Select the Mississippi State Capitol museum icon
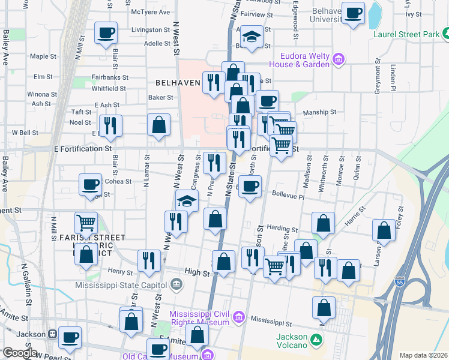click(x=176, y=283)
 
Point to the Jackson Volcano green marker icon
click(x=317, y=341)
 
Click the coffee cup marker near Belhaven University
click(x=354, y=12)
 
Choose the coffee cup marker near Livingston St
click(x=106, y=34)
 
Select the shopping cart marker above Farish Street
click(x=86, y=223)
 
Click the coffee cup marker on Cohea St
click(x=90, y=184)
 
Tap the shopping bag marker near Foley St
click(x=384, y=230)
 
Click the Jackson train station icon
click(x=53, y=334)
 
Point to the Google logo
click(x=19, y=353)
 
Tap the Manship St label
click(x=319, y=112)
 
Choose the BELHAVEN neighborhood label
click(x=177, y=83)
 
